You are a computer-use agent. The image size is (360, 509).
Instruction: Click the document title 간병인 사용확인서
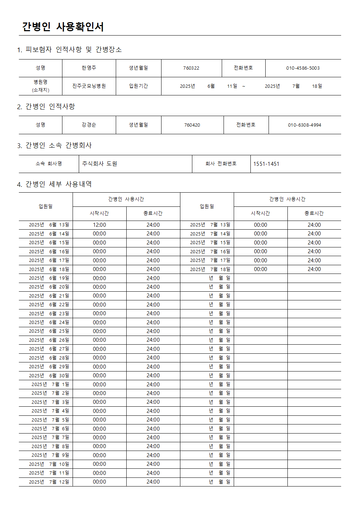pos(63,26)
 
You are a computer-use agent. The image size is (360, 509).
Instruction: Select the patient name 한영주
pos(89,68)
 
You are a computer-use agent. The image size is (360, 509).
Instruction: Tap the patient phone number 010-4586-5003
pos(303,68)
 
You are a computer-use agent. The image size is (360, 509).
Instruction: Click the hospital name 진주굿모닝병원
pos(89,86)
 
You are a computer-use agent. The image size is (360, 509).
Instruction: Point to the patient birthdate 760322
pos(191,68)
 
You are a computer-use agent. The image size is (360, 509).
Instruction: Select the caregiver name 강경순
pos(89,125)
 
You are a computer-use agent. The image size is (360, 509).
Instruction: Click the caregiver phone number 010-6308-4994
pos(304,125)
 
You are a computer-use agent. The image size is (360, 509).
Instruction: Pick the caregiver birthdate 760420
pos(192,125)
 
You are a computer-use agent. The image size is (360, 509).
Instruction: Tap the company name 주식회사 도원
pos(99,164)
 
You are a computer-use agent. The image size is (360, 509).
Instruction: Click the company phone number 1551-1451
pos(266,164)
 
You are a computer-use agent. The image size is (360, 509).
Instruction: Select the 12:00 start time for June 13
pos(99,225)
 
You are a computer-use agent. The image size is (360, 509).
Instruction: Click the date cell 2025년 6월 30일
pos(49,375)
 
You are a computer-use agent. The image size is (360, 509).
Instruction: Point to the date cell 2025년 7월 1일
pos(50,384)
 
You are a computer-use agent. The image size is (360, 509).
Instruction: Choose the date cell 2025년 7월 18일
pos(210,269)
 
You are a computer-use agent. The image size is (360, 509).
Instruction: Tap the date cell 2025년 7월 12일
pos(49,482)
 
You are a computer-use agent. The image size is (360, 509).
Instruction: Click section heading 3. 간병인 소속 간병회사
pos(54,145)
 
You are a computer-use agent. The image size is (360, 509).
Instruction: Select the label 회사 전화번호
pos(221,164)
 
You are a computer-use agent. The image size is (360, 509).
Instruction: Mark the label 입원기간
pos(139,86)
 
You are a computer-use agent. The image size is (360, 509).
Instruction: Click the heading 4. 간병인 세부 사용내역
pos(54,184)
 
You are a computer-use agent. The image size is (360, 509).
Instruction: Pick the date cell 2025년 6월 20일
pos(49,287)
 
